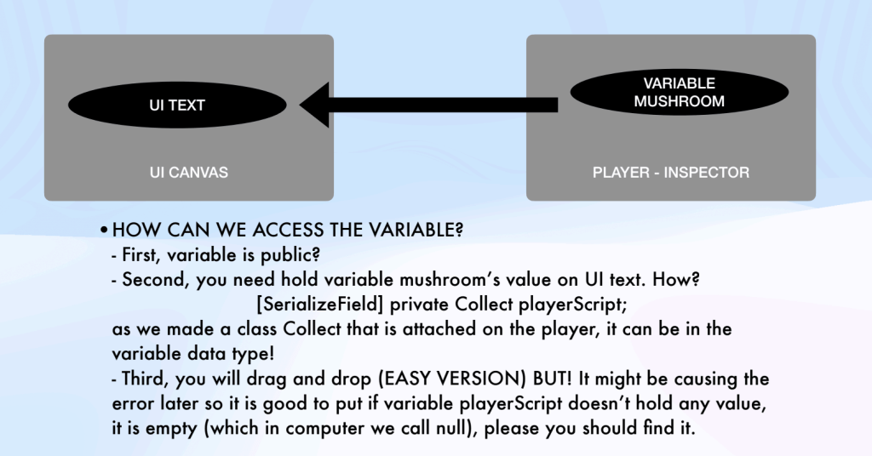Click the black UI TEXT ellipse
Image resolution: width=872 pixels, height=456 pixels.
point(176,106)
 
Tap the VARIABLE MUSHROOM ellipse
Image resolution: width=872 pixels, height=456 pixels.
point(678,93)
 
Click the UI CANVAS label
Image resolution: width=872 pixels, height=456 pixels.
point(189,173)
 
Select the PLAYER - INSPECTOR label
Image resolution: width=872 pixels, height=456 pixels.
point(671,173)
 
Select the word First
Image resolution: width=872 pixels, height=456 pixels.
point(141,254)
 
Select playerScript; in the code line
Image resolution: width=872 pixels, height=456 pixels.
point(579,303)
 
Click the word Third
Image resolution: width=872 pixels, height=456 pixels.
point(144,378)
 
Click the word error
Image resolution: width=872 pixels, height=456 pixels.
point(134,402)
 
